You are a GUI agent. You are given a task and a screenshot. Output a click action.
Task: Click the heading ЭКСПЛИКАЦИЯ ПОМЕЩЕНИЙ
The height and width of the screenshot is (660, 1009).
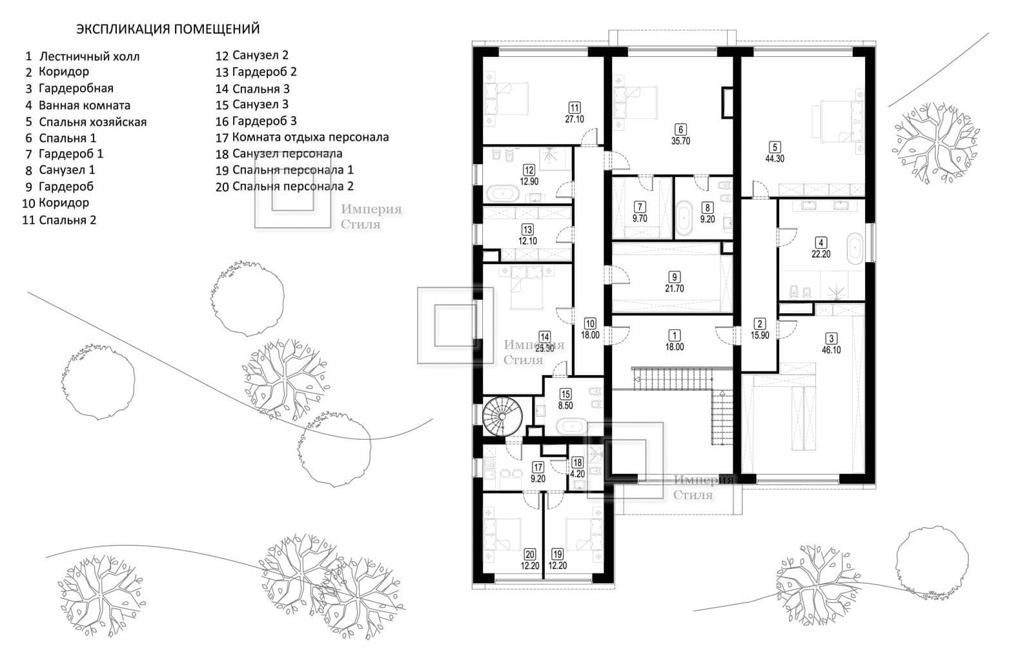coord(168,29)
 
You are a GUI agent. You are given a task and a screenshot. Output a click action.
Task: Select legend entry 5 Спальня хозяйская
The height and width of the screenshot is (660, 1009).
coord(86,122)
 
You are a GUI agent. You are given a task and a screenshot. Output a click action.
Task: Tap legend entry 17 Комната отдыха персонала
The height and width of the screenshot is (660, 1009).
coord(302,138)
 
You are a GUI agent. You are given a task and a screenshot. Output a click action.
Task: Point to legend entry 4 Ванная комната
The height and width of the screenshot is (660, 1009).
coord(77,105)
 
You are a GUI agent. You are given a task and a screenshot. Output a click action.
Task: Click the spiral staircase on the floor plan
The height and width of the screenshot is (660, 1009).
coord(502,417)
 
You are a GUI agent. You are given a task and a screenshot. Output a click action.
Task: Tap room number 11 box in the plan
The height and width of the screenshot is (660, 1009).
coord(575,108)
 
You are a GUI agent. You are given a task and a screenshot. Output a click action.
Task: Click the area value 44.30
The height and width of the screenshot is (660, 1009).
coord(775,159)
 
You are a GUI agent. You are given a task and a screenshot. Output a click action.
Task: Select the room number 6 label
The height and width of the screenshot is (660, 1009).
coord(680,130)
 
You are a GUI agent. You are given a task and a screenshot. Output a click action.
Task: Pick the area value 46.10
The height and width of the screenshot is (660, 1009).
coord(831,350)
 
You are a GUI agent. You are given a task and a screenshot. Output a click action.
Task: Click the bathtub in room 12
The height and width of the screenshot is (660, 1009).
coord(502,194)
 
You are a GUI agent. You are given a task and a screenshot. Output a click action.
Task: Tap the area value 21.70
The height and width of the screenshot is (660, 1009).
coord(675,289)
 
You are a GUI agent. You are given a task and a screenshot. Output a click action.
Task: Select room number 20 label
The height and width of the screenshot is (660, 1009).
coord(530,555)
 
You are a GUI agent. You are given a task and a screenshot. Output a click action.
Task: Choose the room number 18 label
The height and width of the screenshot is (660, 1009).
coord(578,462)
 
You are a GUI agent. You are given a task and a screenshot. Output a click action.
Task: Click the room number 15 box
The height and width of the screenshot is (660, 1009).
coord(566,394)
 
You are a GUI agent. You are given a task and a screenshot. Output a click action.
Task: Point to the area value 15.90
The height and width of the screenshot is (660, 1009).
coord(760,336)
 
